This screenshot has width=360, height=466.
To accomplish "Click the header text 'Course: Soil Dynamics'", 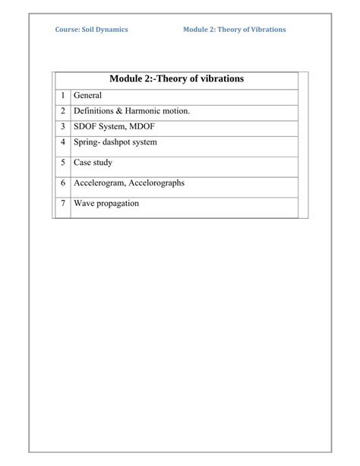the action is point(91,30).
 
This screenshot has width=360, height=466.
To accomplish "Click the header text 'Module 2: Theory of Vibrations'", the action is point(235,30).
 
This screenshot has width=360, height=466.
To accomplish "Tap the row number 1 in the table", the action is point(62,97).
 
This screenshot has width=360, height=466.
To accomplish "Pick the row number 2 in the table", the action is point(62,111).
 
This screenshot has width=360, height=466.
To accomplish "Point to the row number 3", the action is point(62,126).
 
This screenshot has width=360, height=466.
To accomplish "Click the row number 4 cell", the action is point(62,142).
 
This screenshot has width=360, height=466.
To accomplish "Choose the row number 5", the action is point(62,162).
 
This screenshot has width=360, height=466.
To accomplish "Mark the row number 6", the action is point(62,183).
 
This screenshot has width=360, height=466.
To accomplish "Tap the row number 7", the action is point(62,204).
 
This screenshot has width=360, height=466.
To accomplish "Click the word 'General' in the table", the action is point(87,97).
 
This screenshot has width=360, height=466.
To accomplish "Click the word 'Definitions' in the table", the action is point(94,111).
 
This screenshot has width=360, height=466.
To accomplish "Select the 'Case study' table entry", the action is point(93,162).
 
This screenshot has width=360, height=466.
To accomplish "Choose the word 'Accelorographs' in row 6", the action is point(157,183).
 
